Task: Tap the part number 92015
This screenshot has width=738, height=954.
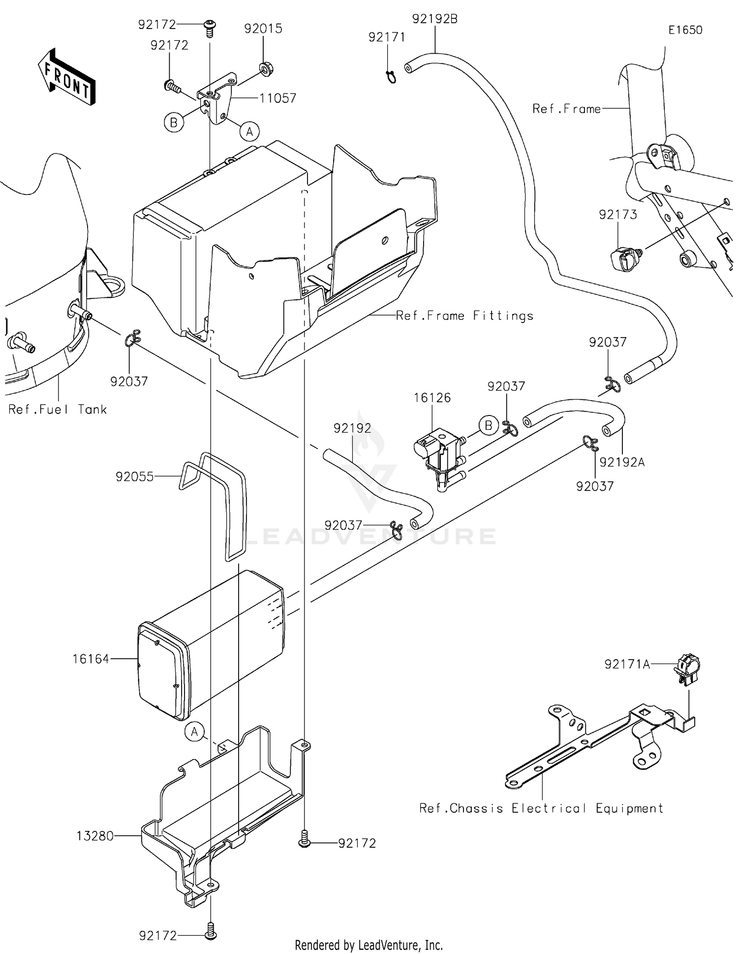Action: coord(263,29)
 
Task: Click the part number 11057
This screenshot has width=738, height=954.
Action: coord(277,98)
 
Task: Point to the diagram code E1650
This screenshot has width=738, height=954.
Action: coord(685,30)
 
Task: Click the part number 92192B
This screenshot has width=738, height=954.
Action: coord(434,19)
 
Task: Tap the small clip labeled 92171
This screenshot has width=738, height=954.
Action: coord(391,76)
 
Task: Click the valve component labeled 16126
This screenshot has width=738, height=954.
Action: coord(439,453)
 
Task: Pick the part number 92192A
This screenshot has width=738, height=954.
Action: coord(622,462)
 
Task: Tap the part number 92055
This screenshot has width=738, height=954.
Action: coord(134,477)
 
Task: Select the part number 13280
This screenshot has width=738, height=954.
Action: coord(95,836)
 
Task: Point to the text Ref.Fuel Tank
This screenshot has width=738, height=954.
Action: coord(58,410)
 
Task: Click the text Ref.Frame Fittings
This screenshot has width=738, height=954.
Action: coord(464,316)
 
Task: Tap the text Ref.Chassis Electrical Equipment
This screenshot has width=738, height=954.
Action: coord(541,808)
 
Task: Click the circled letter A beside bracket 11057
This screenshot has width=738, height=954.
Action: coord(249,131)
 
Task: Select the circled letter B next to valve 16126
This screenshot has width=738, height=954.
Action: coord(488,425)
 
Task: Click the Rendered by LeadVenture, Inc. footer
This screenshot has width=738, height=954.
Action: coord(369,945)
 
